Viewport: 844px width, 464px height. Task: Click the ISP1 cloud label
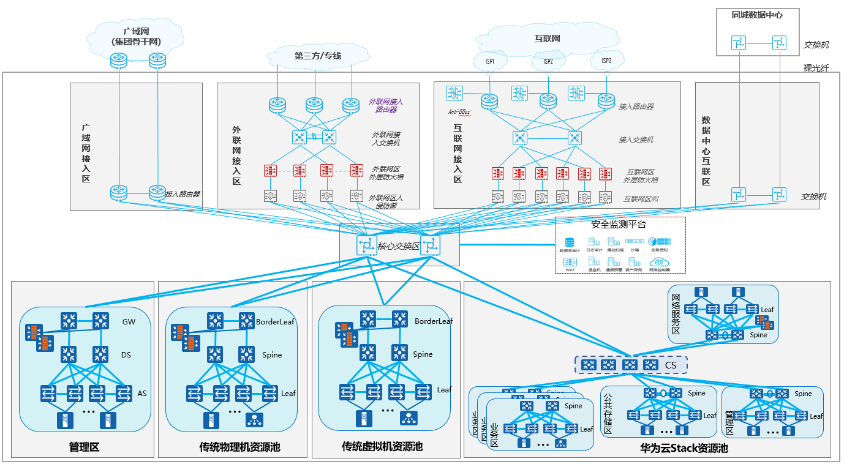[x=490, y=61]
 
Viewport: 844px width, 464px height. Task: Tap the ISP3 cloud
[x=606, y=61]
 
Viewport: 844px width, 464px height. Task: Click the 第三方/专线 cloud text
[x=317, y=56]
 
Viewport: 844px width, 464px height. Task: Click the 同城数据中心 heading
[x=757, y=15]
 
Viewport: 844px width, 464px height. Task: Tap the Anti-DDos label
[x=458, y=111]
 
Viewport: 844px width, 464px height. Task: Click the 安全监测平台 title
[x=619, y=225]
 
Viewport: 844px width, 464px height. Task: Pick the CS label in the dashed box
[x=671, y=365]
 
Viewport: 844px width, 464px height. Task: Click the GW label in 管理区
[x=129, y=321]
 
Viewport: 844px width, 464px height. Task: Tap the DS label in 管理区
[x=126, y=355]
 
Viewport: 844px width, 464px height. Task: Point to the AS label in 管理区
[x=142, y=393]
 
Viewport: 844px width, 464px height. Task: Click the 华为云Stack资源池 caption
[x=684, y=448]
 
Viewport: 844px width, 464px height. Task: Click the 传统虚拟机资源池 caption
[x=382, y=447]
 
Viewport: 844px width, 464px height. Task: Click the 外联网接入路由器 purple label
[x=386, y=105]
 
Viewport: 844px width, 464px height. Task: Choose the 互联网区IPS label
[x=641, y=199]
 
